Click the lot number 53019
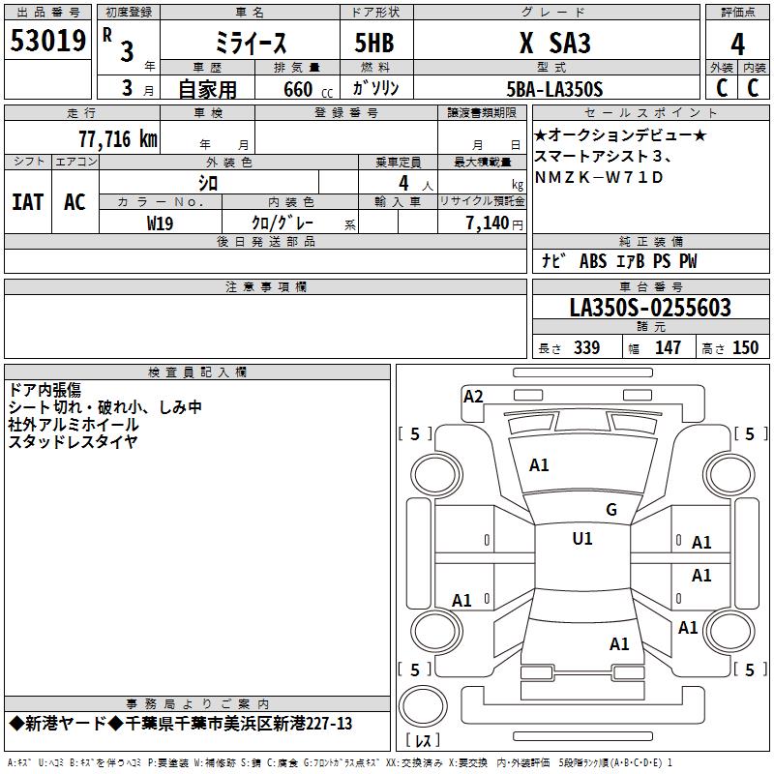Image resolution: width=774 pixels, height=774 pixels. [x=47, y=41]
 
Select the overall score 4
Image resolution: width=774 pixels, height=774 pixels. [x=737, y=45]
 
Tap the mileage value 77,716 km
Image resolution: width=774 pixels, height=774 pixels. [x=118, y=138]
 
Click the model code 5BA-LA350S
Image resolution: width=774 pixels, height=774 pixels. [x=554, y=89]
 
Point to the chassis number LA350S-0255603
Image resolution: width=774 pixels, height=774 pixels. [x=650, y=308]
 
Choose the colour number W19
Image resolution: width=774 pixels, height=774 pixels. [x=160, y=223]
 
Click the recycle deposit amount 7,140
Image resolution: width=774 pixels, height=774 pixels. [x=488, y=223]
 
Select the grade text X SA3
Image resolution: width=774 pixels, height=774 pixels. [x=554, y=43]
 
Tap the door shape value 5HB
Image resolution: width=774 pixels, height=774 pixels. [x=374, y=43]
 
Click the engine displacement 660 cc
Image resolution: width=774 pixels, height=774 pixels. [x=308, y=90]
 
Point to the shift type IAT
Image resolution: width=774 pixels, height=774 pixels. [x=28, y=202]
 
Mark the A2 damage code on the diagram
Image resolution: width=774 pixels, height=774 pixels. [x=473, y=397]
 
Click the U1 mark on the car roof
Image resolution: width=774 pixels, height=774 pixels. [x=582, y=539]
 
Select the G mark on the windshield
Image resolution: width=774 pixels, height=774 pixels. [x=611, y=510]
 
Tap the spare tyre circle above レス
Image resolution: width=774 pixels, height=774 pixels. [x=423, y=705]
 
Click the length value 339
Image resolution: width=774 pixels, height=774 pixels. [x=586, y=347]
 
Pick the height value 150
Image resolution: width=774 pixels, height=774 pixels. [x=745, y=347]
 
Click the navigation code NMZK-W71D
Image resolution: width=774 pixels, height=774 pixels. [x=599, y=177]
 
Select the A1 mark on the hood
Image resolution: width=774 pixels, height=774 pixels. [x=539, y=465]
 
